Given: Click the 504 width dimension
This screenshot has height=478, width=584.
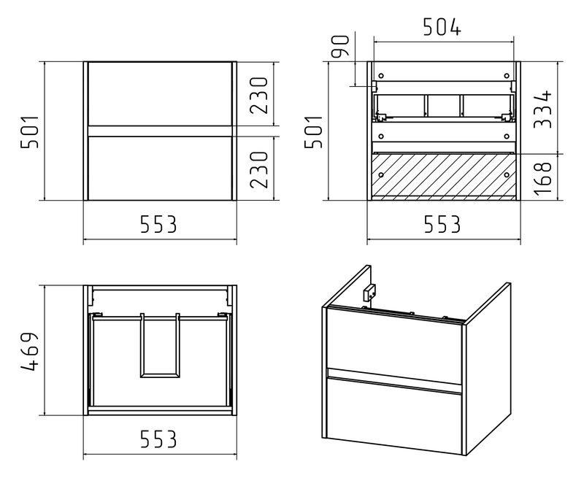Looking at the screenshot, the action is tap(442, 27).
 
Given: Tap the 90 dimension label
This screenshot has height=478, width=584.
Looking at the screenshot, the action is tap(340, 46).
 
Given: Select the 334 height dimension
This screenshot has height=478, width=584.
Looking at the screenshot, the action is tap(542, 109).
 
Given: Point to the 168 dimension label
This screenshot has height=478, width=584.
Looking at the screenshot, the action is tap(542, 178).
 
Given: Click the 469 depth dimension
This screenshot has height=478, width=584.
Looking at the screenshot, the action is tap(29, 352).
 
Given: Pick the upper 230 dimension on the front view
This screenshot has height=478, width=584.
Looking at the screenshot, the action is tap(259, 96).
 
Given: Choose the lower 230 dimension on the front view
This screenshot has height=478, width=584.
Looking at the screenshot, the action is tap(259, 169).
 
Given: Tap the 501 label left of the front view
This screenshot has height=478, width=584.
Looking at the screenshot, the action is tap(29, 132).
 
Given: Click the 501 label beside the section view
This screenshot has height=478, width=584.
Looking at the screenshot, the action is tap(314, 132).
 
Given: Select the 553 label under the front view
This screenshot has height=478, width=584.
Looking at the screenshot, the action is tap(158, 225).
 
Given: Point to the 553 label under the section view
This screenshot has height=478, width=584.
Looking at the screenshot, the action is tap(442, 225).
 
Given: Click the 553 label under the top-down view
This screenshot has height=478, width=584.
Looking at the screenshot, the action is tap(158, 439).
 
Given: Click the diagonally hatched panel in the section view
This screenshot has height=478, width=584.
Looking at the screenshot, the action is tap(444, 174).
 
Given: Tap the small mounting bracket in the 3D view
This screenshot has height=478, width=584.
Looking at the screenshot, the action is tap(369, 292).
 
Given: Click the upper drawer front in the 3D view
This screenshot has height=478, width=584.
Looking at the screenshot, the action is tap(394, 342).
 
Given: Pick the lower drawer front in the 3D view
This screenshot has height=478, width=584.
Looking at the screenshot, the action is tap(394, 414).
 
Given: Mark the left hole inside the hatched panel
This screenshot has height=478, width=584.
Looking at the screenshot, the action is tap(380, 174).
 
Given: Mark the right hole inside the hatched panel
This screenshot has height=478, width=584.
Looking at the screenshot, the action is tap(506, 174).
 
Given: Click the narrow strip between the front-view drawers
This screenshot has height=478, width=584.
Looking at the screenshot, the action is tap(160, 131).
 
